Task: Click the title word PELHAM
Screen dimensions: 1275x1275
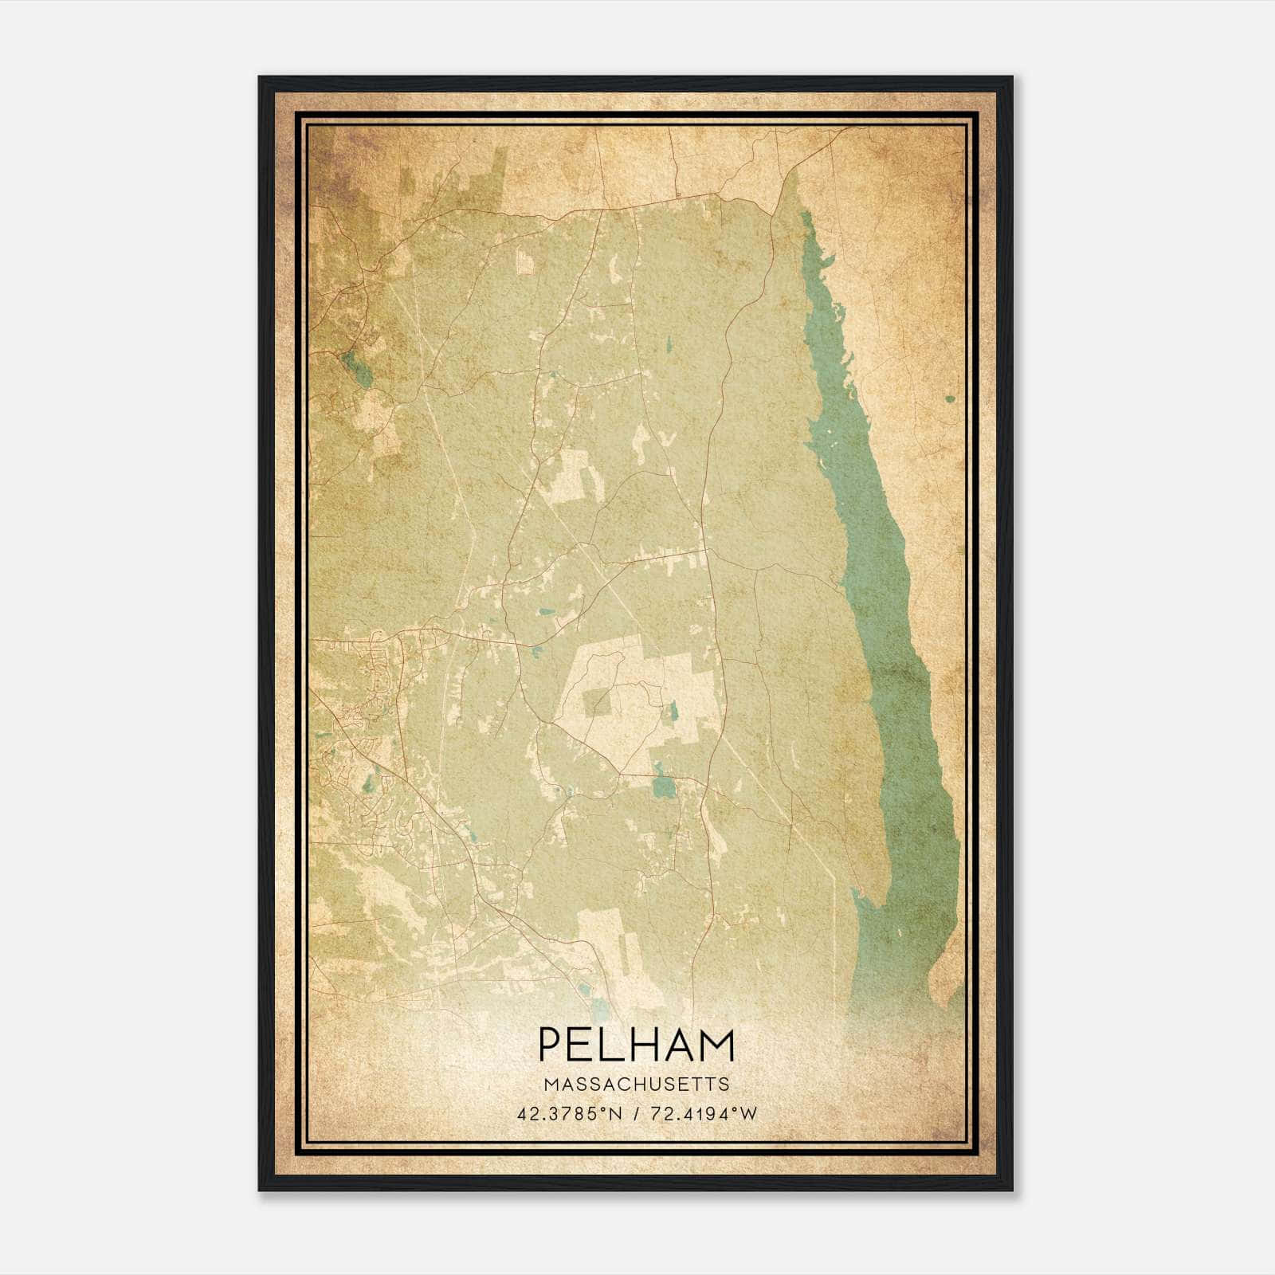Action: point(637,1044)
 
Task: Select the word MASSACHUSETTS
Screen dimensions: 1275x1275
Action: point(637,1084)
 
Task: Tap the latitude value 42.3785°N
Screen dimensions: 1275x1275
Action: point(569,1114)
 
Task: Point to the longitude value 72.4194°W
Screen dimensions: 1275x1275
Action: point(702,1114)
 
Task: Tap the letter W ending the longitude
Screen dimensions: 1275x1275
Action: point(748,1114)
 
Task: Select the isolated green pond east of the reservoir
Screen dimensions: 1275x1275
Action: point(950,398)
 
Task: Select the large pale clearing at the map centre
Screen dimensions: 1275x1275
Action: point(637,693)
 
